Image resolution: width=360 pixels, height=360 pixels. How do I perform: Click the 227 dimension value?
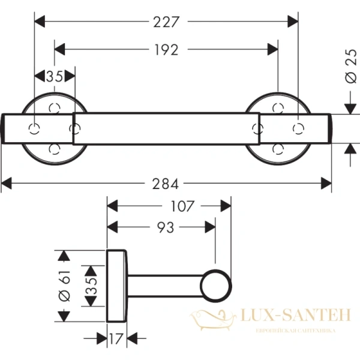[x=166, y=22]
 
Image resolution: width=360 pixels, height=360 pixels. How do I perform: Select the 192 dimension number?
[x=166, y=50]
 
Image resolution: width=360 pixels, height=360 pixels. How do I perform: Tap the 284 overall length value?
[x=166, y=182]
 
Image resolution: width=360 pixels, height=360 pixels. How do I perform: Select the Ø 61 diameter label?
[x=67, y=287]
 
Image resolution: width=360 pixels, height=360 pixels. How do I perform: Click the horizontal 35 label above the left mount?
[x=54, y=77]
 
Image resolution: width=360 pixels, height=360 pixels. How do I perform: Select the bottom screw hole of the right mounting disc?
[x=278, y=148]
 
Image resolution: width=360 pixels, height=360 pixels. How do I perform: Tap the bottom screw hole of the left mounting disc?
[x=55, y=148]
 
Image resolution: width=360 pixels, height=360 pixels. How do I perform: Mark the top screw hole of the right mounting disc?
[x=278, y=108]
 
